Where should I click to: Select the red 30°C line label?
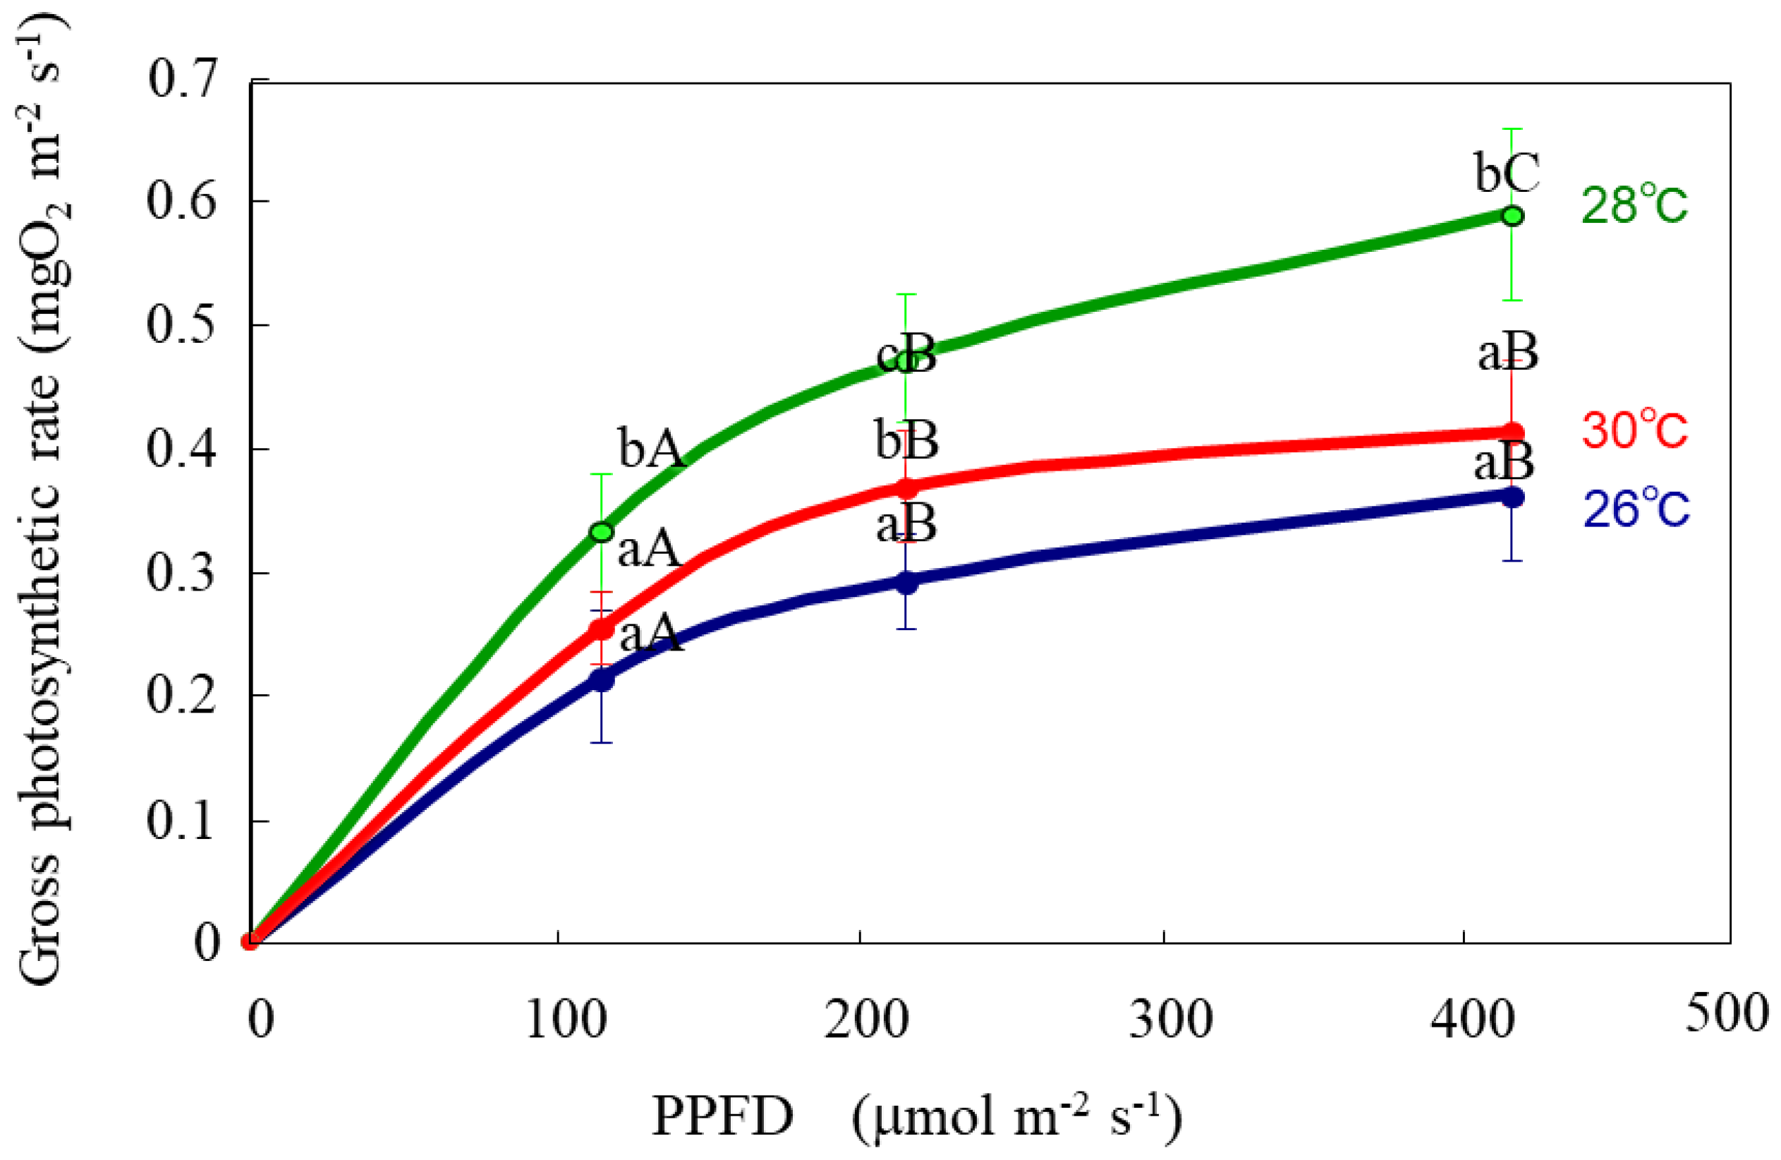click(x=1634, y=430)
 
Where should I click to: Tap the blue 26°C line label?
click(x=1636, y=509)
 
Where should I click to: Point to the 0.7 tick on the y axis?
click(x=183, y=78)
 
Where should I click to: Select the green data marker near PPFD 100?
click(x=602, y=532)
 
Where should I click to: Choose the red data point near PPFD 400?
click(x=1512, y=433)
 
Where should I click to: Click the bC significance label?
click(x=1507, y=174)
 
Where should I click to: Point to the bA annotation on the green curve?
click(x=650, y=449)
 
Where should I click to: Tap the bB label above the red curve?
click(x=907, y=441)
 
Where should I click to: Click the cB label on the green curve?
click(x=906, y=356)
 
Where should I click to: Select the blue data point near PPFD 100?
click(x=602, y=680)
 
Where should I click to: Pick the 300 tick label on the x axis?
click(x=1169, y=1020)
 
